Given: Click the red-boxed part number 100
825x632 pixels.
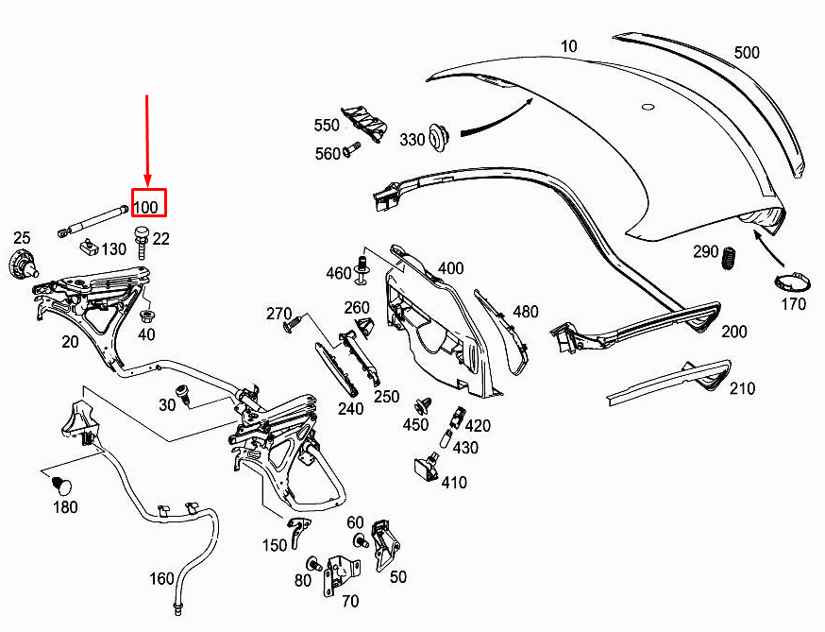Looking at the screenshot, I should (x=148, y=205).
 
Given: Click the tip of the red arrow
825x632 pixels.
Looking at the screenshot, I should (x=148, y=185).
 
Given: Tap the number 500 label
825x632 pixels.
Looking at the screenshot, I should (x=746, y=53).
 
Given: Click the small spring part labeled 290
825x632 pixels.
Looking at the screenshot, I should (x=728, y=256).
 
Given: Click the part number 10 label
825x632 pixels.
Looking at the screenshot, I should (x=568, y=45).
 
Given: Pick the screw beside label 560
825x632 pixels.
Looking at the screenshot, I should (x=354, y=148).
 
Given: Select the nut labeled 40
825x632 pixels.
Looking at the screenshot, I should (x=147, y=314).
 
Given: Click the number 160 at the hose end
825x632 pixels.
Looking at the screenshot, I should (x=162, y=578).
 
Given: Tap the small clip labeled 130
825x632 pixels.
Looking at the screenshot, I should (x=90, y=248).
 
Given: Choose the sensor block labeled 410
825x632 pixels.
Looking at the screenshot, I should (x=425, y=469).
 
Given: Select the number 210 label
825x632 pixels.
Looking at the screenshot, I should (x=743, y=387).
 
